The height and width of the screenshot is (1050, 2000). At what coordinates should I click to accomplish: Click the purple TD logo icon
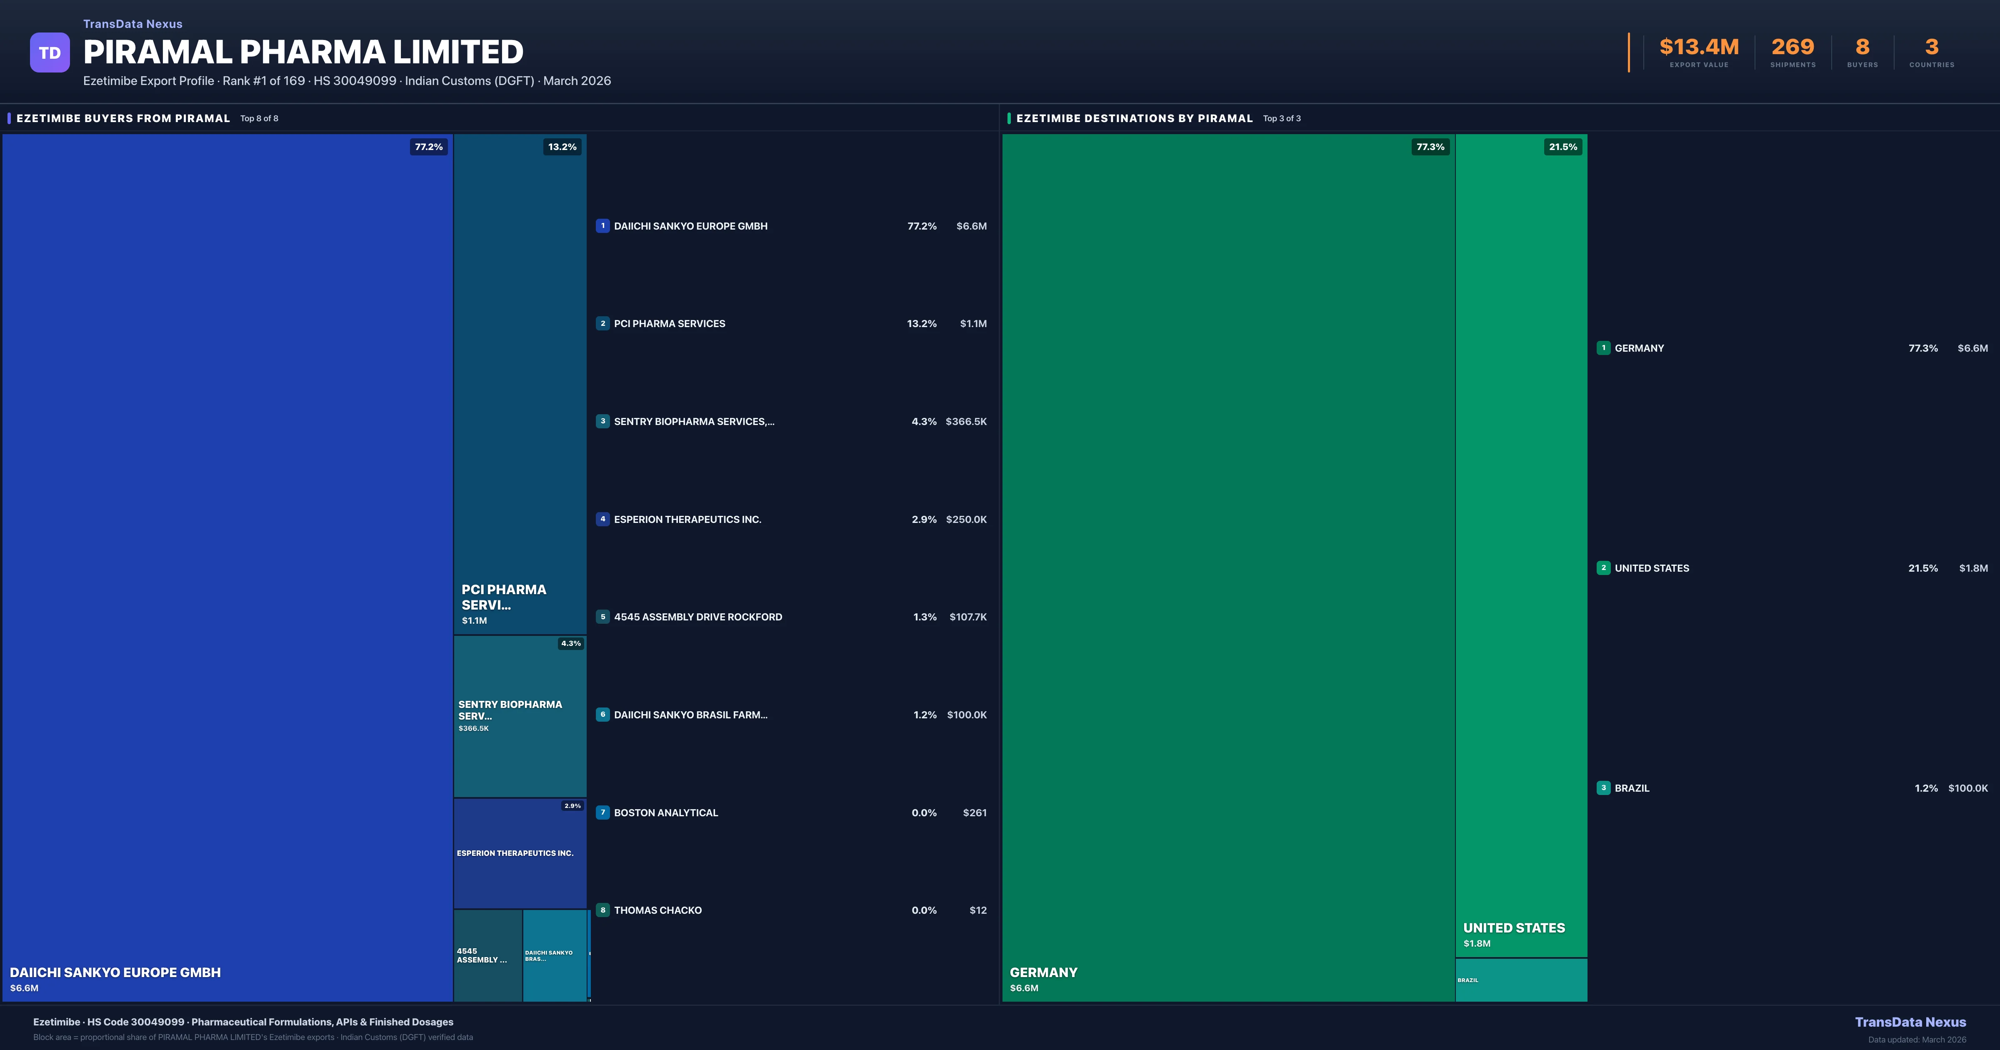50,53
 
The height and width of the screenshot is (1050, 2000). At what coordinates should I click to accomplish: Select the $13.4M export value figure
1699,47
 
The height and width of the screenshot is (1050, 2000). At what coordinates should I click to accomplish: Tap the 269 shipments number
1792,47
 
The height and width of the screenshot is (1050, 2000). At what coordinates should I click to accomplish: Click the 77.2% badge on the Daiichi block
429,147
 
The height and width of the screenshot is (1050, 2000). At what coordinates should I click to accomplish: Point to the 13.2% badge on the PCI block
562,147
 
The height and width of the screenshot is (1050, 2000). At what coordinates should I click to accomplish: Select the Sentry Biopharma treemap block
520,716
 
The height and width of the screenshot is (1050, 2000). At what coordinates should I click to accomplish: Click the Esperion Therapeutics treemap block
520,853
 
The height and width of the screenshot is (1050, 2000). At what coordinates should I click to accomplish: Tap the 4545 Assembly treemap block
487,955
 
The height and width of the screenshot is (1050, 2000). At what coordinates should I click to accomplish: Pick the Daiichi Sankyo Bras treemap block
554,955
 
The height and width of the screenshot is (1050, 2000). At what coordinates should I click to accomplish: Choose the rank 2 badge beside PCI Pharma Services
602,324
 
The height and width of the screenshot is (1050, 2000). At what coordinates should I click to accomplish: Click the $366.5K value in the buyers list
966,422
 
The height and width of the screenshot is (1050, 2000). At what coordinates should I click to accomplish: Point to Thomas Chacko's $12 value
977,910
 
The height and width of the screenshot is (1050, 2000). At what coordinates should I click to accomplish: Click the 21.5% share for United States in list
1922,568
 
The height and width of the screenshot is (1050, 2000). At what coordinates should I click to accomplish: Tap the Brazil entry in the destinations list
1632,788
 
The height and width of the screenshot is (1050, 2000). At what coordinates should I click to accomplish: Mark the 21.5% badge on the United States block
1563,147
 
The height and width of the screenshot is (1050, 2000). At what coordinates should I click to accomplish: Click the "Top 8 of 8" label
259,119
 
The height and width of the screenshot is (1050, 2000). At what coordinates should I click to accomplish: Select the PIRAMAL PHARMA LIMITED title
303,52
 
